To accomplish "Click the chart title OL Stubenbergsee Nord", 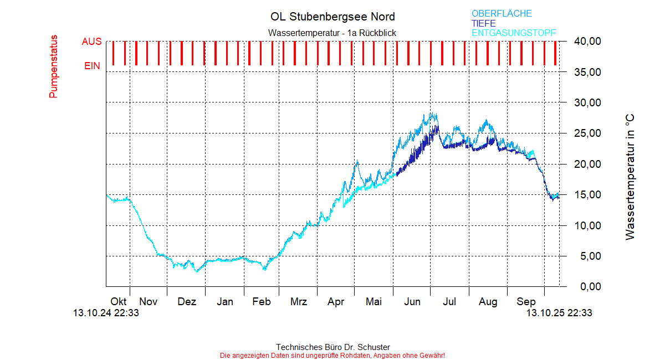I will [332, 17].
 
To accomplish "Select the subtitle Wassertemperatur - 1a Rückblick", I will [332, 33].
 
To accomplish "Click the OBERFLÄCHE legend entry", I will [502, 14].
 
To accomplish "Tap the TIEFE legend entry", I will [484, 23].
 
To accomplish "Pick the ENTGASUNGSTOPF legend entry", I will [513, 33].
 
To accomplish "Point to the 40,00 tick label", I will [587, 42].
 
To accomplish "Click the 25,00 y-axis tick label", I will [587, 133].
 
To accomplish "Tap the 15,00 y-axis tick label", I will [587, 195].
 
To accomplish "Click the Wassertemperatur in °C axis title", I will [630, 177].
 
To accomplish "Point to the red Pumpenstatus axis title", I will [53, 66].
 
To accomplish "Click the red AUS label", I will [91, 42].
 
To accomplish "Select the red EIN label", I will [92, 66].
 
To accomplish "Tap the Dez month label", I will [187, 302].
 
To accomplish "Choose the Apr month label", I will [336, 302].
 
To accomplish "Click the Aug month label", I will [488, 302].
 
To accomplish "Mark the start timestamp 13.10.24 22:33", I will [106, 313].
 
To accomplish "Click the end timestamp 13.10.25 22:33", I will [559, 313].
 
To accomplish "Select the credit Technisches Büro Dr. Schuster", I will [332, 347].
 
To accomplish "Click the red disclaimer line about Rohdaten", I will [332, 355].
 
